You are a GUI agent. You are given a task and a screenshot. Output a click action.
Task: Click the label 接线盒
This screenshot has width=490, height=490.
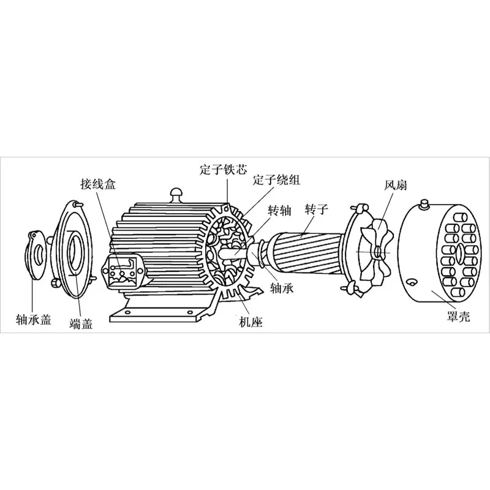(98, 184)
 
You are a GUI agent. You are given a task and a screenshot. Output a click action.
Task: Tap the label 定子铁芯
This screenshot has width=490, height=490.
(224, 169)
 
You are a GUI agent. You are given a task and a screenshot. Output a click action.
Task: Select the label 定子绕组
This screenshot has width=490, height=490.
(277, 179)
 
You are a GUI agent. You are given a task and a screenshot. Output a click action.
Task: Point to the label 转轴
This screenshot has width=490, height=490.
(280, 211)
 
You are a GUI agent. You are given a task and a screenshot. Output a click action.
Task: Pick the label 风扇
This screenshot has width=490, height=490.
(396, 185)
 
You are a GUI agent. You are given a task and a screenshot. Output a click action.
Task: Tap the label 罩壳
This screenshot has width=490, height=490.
(458, 316)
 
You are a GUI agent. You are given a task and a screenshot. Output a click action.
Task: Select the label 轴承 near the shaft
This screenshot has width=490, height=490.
(282, 288)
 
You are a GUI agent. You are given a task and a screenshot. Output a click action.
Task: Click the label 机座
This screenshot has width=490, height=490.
(251, 322)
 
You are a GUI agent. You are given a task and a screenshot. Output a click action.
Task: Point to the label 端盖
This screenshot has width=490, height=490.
(81, 323)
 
